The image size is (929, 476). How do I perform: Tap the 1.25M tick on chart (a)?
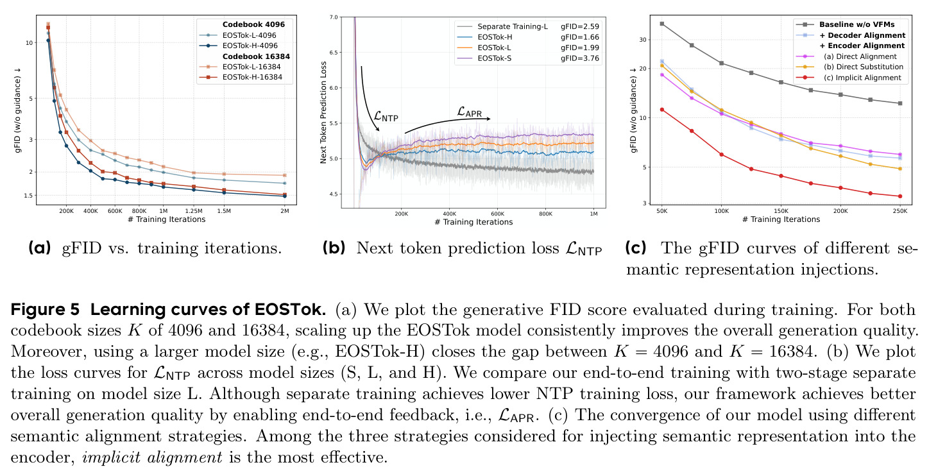coord(194,211)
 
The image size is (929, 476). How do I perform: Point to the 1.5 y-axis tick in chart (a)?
coord(28,196)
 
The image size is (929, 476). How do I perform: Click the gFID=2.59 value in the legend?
coord(580,26)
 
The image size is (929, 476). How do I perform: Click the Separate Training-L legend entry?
coord(502,26)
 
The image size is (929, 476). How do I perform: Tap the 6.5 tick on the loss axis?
coord(334,53)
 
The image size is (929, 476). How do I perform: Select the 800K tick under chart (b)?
coord(545,214)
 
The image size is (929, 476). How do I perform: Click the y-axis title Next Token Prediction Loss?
coord(323,112)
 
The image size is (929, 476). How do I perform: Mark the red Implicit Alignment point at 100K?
coord(722,155)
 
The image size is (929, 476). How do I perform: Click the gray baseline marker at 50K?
coord(662,24)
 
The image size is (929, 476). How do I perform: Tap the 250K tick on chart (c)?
coord(900,211)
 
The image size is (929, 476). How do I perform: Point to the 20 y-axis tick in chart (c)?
coord(643,69)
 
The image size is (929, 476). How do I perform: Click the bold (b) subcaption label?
coord(334,248)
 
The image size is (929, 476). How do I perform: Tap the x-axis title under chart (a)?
coord(166,219)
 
